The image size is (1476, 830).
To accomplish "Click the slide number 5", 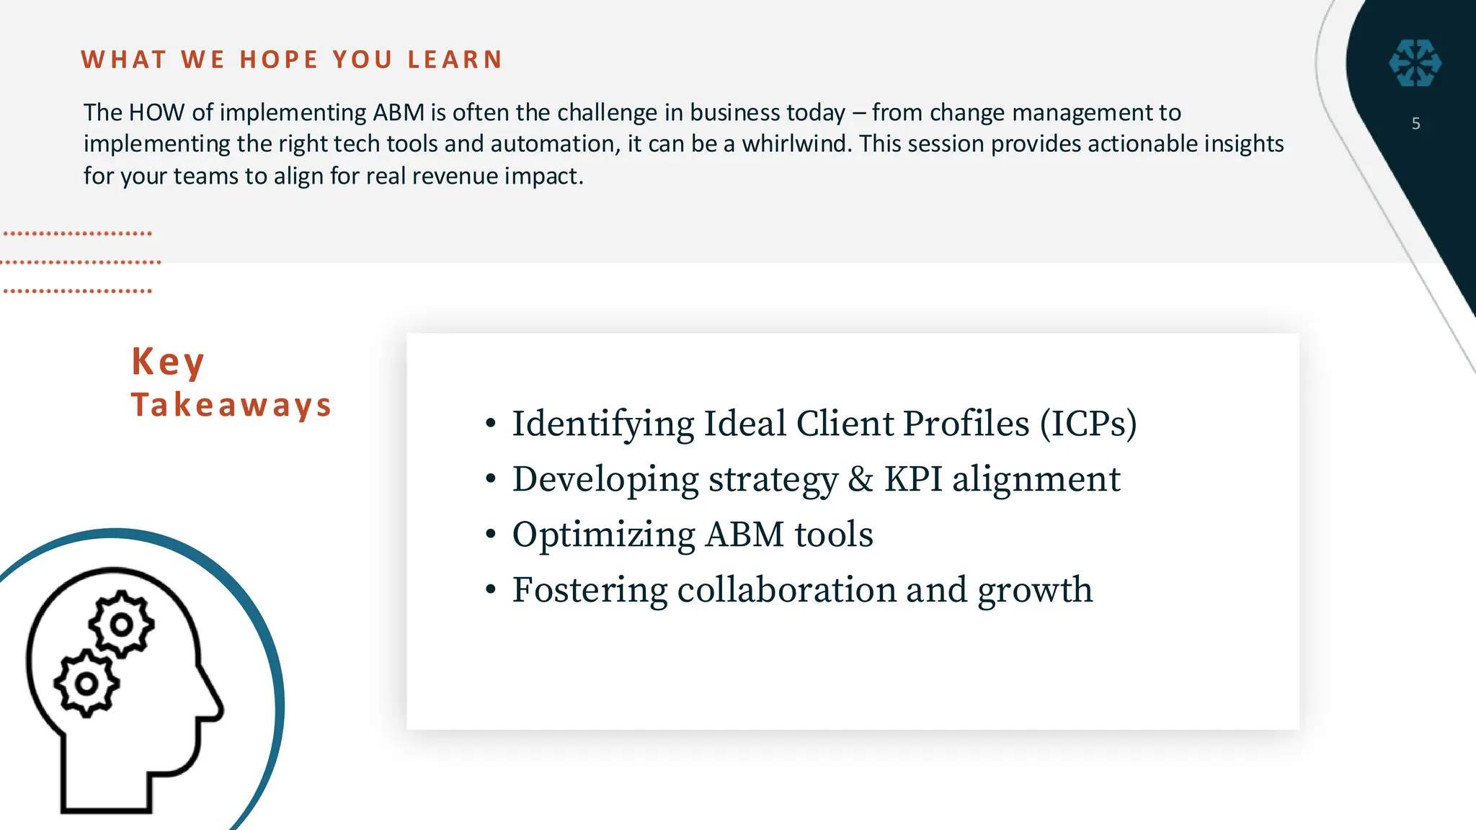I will tap(1415, 124).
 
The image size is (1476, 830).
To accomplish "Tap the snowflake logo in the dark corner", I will tap(1415, 63).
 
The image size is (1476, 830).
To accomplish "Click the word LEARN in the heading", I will tap(455, 60).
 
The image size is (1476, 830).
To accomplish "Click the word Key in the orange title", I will tap(168, 362).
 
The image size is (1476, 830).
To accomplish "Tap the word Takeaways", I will tap(231, 406).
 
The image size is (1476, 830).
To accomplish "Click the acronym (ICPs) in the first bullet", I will tap(1088, 424).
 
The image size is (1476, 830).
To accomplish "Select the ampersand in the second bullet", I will tap(861, 479).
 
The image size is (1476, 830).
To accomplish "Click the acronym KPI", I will tap(912, 479).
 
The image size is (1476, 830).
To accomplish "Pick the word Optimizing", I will tap(603, 535).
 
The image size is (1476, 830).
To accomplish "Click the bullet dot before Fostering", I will tap(491, 590).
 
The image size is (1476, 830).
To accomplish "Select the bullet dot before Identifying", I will tap(491, 424).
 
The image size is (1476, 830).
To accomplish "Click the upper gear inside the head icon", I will tap(121, 624).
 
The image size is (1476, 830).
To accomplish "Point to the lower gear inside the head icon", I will tap(86, 682).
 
